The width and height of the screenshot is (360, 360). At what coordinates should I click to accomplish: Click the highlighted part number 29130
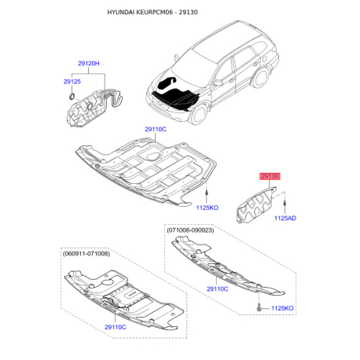click(x=270, y=176)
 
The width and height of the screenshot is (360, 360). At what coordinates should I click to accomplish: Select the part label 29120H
click(x=89, y=64)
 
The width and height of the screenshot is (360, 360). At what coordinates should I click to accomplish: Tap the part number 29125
click(x=72, y=82)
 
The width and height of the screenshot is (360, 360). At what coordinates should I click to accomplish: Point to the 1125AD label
click(x=285, y=218)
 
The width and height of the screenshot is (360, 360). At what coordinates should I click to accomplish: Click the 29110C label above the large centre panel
click(x=156, y=129)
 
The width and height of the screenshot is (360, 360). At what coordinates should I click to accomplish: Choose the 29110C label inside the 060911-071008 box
click(x=116, y=327)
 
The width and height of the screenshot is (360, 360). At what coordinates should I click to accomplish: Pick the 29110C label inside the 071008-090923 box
click(x=218, y=289)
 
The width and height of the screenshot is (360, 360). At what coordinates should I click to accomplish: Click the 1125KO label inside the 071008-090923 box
click(x=282, y=308)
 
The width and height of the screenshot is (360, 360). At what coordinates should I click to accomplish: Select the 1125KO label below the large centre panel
click(x=208, y=208)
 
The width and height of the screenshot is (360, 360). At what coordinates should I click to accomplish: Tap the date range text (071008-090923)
click(x=190, y=230)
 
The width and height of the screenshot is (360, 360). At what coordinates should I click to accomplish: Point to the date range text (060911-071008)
click(x=86, y=254)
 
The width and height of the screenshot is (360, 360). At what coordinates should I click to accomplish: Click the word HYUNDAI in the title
click(x=120, y=12)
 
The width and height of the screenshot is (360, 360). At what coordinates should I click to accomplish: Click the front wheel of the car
click(x=199, y=115)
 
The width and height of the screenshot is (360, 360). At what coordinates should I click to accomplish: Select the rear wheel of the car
click(x=260, y=78)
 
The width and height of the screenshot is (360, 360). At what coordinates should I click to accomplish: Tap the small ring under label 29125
click(x=72, y=96)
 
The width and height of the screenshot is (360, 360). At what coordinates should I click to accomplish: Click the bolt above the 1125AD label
click(x=285, y=204)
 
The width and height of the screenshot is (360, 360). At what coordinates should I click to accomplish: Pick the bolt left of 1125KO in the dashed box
click(x=259, y=307)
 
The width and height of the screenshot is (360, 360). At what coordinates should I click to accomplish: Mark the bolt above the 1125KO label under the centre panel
click(x=207, y=193)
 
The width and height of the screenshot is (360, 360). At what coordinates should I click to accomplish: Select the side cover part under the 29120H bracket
click(x=92, y=108)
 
